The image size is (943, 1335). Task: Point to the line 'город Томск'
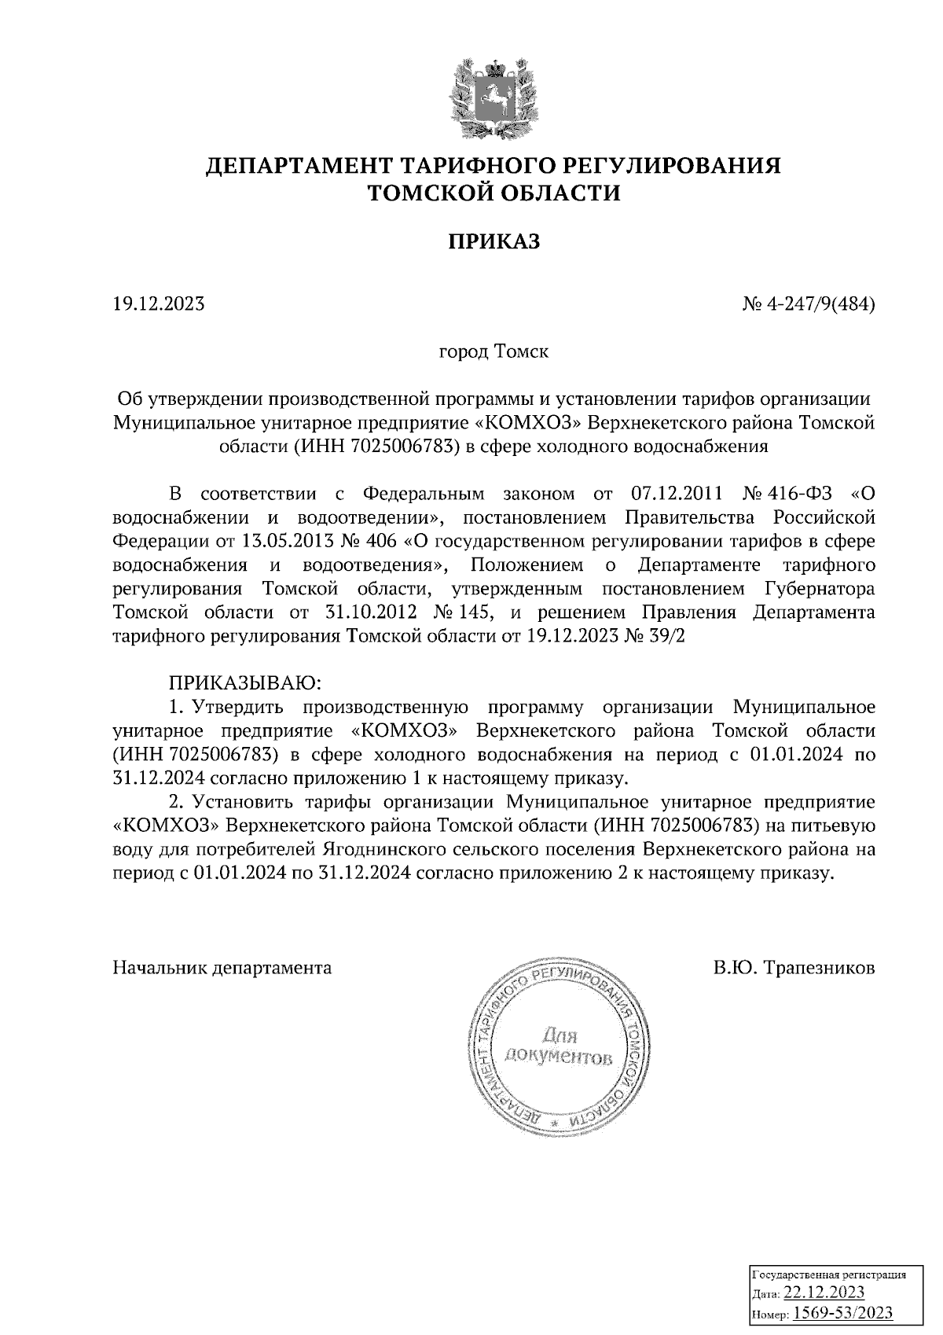(x=494, y=351)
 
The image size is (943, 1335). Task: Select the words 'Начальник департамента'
(x=222, y=967)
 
